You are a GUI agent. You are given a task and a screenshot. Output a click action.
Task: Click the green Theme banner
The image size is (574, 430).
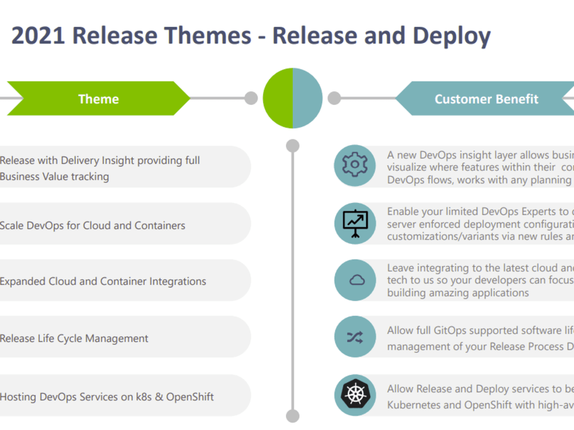tap(99, 99)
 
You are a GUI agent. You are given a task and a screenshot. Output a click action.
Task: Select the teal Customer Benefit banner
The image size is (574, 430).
tap(487, 99)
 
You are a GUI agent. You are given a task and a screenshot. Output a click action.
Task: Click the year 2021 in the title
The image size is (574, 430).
tap(38, 36)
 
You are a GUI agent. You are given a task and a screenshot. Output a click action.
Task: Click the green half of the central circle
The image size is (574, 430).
tap(278, 98)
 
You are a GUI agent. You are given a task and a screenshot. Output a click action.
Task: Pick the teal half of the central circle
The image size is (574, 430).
tap(308, 98)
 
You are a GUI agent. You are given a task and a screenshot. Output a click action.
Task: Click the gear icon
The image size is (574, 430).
tap(355, 165)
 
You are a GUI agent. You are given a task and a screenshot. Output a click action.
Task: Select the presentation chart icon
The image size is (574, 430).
tap(355, 224)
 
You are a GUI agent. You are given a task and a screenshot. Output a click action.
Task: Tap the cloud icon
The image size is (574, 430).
tap(357, 280)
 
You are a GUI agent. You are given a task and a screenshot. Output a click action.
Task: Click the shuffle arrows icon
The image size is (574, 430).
tap(355, 337)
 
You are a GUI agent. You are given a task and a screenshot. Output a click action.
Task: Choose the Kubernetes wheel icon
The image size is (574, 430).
tap(355, 394)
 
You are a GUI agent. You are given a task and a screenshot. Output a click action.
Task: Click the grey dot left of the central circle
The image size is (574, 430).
tap(251, 98)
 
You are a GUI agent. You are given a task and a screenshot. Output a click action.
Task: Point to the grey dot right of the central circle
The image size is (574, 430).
tap(334, 98)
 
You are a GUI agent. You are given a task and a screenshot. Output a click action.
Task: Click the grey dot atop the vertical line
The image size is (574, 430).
tap(293, 146)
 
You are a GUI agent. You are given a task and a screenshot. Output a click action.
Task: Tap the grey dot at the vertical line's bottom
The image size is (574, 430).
tap(293, 416)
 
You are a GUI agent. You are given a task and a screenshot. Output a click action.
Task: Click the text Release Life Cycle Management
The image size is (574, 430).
tap(74, 339)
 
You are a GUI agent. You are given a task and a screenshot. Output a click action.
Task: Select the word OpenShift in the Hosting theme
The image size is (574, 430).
tap(190, 397)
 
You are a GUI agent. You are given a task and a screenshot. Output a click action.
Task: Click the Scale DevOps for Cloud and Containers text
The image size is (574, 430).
tap(92, 225)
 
